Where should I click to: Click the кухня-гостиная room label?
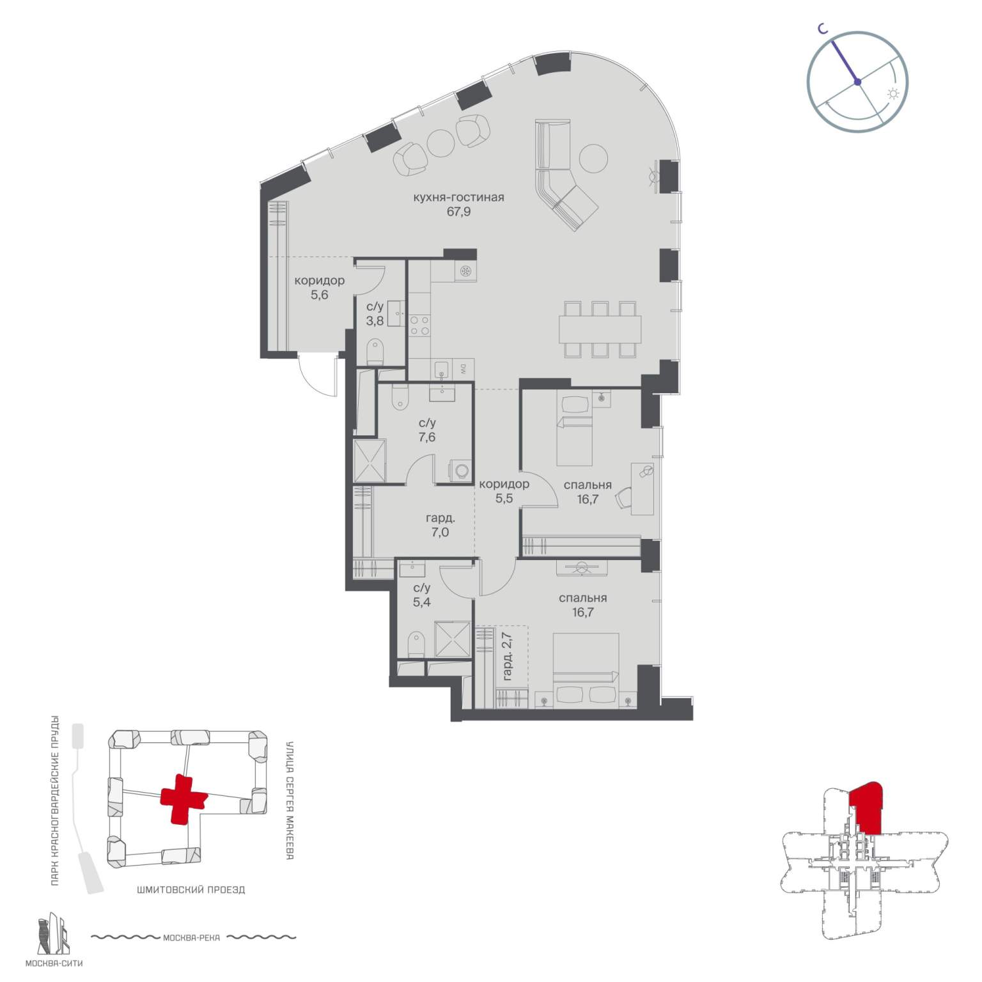458,198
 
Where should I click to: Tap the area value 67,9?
458,212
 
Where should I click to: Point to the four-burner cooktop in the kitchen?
419,325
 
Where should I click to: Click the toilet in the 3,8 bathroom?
375,352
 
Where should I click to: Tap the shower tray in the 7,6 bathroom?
370,460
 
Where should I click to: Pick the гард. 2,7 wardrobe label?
508,655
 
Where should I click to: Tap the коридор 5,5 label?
504,492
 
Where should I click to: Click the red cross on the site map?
183,799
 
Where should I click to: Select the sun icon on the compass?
892,94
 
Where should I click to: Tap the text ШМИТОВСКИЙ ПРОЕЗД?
191,889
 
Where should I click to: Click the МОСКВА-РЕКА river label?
192,938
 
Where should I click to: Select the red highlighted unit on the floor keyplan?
866,807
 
